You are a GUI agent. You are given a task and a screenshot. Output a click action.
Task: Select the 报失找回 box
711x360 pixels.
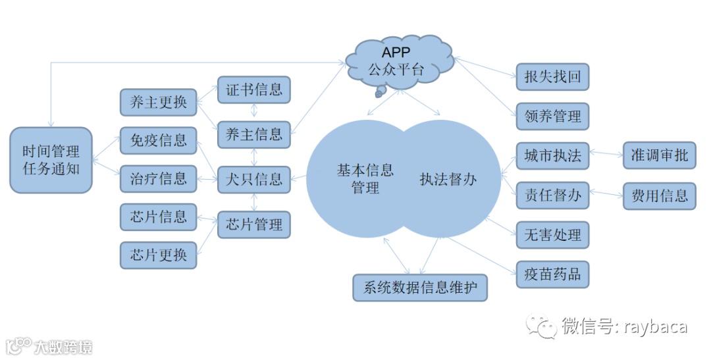552,77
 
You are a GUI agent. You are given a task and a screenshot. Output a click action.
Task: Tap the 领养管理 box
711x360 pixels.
552,116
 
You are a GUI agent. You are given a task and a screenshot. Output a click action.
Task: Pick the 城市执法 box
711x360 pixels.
552,156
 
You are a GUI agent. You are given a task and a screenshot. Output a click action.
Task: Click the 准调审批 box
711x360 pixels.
659,156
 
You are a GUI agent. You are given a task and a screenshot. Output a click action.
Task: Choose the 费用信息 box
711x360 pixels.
659,195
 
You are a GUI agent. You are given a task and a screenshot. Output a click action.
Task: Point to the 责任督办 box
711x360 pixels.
552,195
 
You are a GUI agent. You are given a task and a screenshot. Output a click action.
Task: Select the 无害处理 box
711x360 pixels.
552,235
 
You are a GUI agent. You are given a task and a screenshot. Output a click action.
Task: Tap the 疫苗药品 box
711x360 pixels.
552,274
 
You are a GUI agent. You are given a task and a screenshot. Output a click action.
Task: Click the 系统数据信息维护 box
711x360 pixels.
420,288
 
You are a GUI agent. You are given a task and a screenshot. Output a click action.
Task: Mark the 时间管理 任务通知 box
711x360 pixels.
51,160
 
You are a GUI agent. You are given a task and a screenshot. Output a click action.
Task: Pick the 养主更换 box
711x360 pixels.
159,102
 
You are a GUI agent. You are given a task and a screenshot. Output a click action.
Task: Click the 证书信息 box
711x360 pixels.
253,90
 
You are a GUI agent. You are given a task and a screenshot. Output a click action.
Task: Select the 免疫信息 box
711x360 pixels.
159,140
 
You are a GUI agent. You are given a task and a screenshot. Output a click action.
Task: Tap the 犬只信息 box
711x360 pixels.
253,179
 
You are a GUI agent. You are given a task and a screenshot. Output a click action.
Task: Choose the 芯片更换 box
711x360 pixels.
159,255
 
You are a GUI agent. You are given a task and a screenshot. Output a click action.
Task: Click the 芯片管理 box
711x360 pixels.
253,224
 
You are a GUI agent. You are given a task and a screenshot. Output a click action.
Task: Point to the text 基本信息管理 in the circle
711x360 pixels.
365,178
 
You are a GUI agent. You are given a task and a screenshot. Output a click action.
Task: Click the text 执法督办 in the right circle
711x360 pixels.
448,179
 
